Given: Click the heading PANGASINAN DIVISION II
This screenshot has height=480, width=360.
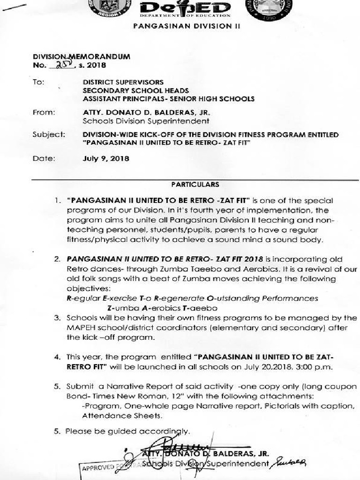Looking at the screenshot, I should [x=187, y=27].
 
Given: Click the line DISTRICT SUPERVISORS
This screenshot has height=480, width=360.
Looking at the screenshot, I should [x=123, y=82].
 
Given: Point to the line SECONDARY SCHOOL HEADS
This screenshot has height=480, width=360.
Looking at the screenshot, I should [x=136, y=90].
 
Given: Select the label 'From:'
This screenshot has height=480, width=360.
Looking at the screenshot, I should [x=44, y=112].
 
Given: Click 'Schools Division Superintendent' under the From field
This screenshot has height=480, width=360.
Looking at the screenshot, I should [x=146, y=121].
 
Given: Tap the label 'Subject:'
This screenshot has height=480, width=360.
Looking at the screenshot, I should [x=49, y=135].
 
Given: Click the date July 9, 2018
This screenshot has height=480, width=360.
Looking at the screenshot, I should [x=106, y=158].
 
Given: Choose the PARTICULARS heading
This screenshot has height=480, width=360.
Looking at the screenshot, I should [x=195, y=185].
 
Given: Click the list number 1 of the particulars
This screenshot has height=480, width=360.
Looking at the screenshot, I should [x=57, y=201].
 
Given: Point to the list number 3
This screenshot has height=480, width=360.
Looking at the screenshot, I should [x=57, y=318].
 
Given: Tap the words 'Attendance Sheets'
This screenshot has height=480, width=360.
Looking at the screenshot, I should [x=122, y=415].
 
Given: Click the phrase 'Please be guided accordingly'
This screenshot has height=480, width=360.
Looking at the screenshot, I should [x=127, y=431].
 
